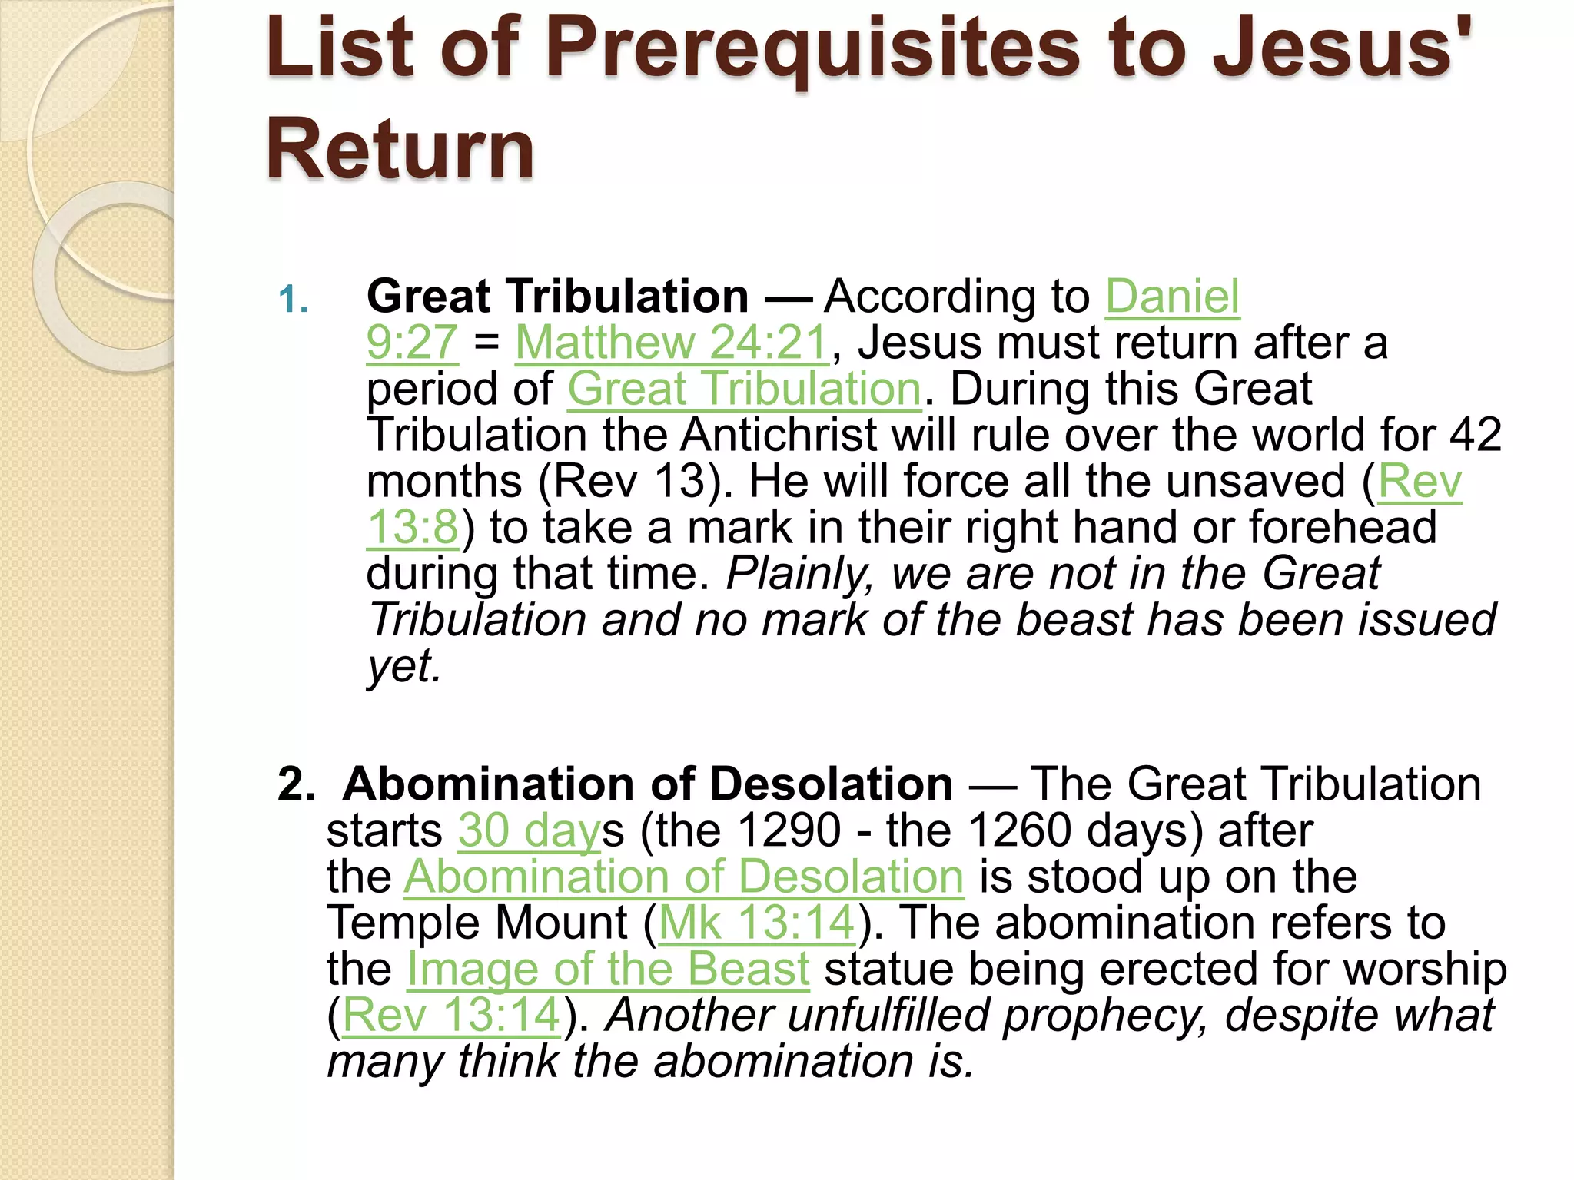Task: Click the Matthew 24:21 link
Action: tap(672, 343)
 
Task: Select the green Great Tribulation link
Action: tap(744, 389)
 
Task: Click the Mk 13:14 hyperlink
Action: tap(757, 923)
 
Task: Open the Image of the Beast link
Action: tap(608, 969)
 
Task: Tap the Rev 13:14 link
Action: tap(451, 1015)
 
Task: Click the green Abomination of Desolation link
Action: tap(684, 877)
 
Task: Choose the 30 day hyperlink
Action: tap(529, 830)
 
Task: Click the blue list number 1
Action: tap(293, 300)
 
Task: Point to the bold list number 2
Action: tap(296, 785)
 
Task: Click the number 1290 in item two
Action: tap(789, 830)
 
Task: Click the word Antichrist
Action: tap(779, 435)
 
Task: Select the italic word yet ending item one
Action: tap(403, 666)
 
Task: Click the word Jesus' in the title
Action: tap(1340, 50)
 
